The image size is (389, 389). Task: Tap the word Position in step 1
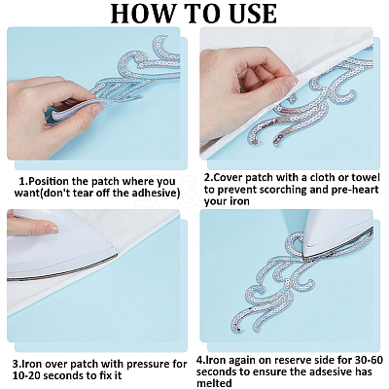click(49, 181)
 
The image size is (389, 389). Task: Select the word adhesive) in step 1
click(156, 193)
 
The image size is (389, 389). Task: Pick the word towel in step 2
click(365, 177)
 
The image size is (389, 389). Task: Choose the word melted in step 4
click(214, 383)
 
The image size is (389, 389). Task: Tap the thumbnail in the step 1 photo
click(96, 110)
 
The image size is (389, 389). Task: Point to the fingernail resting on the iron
click(52, 230)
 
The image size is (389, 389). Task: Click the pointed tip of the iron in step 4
click(303, 255)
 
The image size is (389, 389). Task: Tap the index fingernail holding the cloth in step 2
click(291, 82)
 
